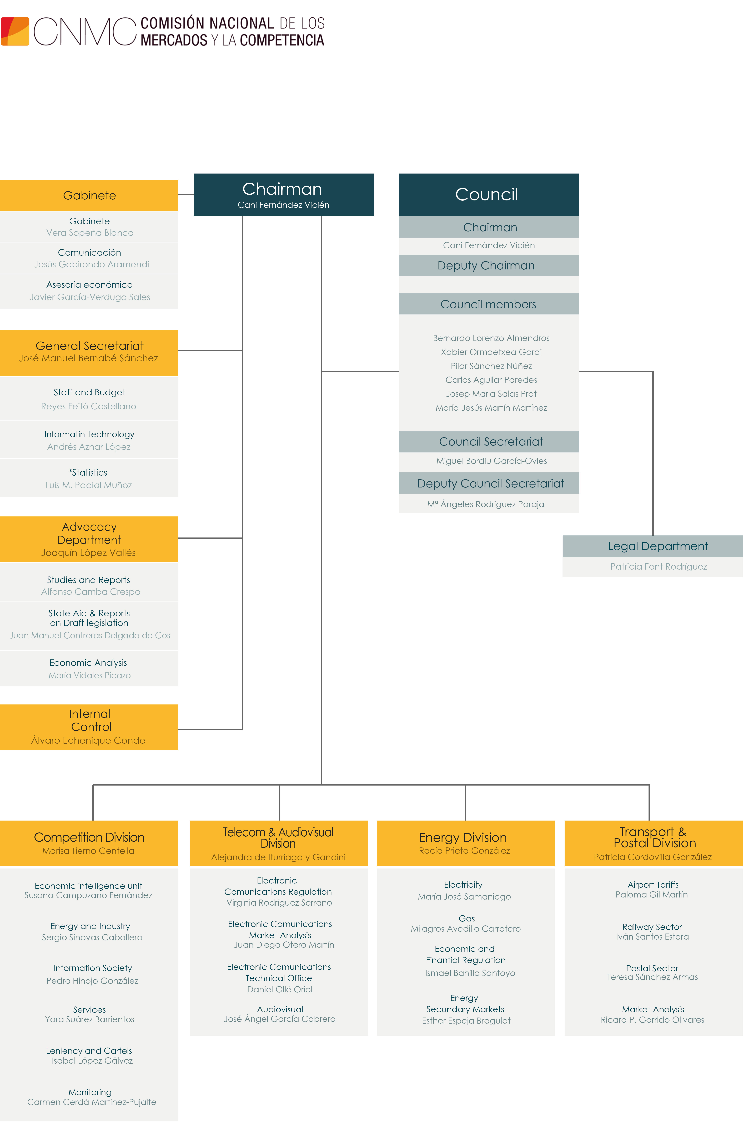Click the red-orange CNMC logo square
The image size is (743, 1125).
[15, 31]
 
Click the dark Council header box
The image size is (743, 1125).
[489, 194]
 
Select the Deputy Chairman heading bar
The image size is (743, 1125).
[489, 265]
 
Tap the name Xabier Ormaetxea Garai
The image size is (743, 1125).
[491, 352]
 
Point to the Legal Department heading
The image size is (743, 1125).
[658, 546]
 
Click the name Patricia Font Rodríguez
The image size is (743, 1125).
[658, 566]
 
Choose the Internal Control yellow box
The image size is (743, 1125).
[89, 727]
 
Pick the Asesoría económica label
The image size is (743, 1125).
[90, 284]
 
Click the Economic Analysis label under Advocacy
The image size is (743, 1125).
[88, 663]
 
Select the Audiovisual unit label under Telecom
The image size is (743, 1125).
[280, 1009]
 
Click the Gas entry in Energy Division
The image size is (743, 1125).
[467, 918]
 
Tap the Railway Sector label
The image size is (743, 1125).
[652, 927]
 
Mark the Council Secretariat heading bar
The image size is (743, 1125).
[489, 441]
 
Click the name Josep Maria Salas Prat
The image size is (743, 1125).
[491, 393]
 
